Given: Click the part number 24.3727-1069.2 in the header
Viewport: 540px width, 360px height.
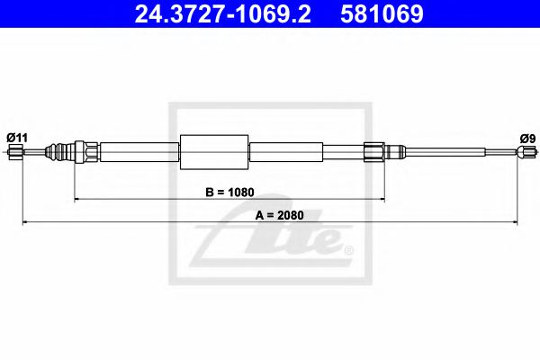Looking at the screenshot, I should click(218, 14).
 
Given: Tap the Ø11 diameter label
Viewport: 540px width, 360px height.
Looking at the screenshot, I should click(17, 137).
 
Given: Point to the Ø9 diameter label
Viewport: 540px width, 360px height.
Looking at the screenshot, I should click(526, 138).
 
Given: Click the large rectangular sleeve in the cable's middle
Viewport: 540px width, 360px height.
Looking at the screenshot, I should click(214, 152).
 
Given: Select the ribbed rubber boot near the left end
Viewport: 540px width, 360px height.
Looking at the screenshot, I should click(61, 152).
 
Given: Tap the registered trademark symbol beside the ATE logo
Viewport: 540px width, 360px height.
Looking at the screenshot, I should click(349, 249).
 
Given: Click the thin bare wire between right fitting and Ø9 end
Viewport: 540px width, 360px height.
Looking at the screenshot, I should click(450, 152).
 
